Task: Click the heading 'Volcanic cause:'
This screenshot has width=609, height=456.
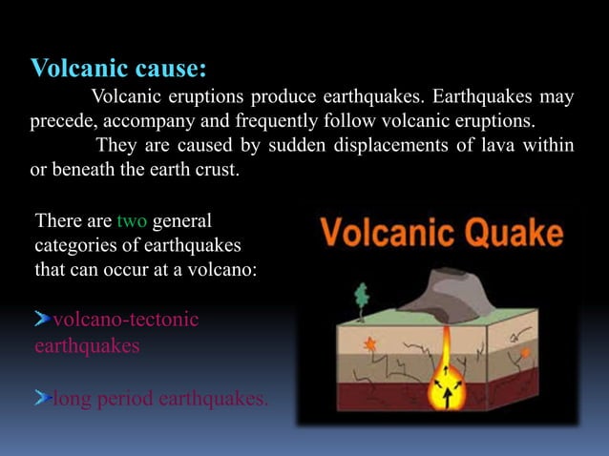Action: tap(119, 69)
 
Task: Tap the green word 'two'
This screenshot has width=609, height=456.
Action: tap(131, 222)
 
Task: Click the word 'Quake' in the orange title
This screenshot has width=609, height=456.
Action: tap(512, 233)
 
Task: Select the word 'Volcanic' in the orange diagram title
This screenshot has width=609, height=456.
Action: tap(387, 233)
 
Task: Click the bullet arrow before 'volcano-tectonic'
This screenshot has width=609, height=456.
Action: tap(42, 319)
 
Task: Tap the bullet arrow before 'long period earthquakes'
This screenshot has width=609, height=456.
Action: tap(42, 399)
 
